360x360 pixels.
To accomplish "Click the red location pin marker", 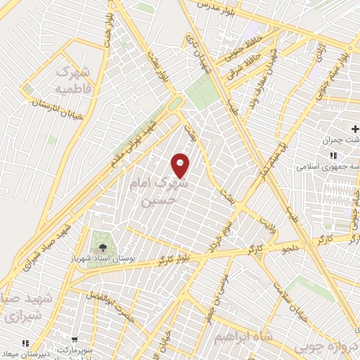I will click(181, 165).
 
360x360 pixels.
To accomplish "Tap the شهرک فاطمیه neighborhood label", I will click(72, 81).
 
